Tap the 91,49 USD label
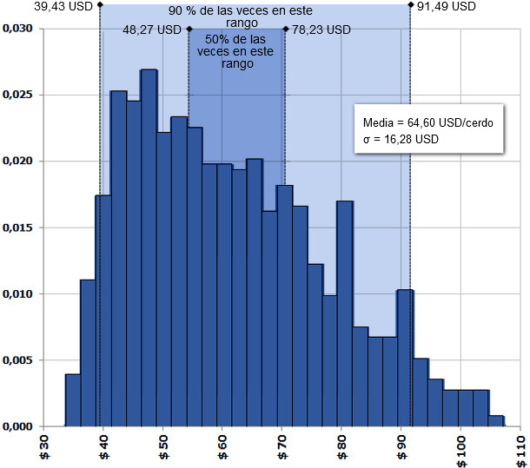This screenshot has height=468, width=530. (447, 6)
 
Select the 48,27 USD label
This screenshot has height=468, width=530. (154, 29)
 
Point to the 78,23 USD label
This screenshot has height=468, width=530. (321, 29)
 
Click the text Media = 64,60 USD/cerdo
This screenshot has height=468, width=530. (429, 123)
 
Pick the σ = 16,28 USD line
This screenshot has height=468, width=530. (401, 139)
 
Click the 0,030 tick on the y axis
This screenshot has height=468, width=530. (18, 29)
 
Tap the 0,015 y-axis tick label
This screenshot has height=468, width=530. (18, 227)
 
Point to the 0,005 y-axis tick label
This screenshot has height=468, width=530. (18, 360)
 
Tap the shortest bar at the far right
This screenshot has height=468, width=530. (496, 421)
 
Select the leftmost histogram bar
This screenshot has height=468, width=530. (73, 400)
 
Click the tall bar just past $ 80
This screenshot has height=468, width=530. (345, 313)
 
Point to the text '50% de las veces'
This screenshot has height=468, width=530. (236, 40)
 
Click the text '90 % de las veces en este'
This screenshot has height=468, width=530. (241, 10)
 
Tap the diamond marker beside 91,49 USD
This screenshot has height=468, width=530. (410, 5)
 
